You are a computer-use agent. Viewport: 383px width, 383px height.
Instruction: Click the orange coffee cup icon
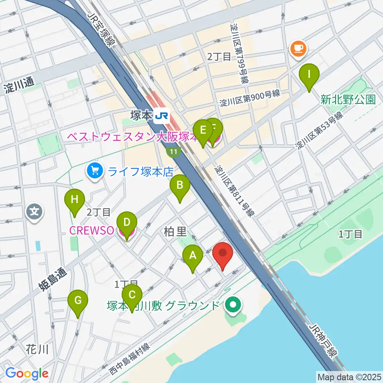pos(298,49)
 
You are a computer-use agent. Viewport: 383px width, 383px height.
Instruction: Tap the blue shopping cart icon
pos(95,172)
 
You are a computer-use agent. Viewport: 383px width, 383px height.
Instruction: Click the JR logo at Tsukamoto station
pos(162,116)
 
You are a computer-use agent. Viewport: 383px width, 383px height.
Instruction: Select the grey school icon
pos(34,211)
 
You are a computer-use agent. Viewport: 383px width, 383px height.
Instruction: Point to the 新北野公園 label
pos(348,99)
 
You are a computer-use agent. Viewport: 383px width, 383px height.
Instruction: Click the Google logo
pos(27,373)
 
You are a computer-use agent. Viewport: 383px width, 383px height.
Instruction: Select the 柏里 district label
pos(176,232)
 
